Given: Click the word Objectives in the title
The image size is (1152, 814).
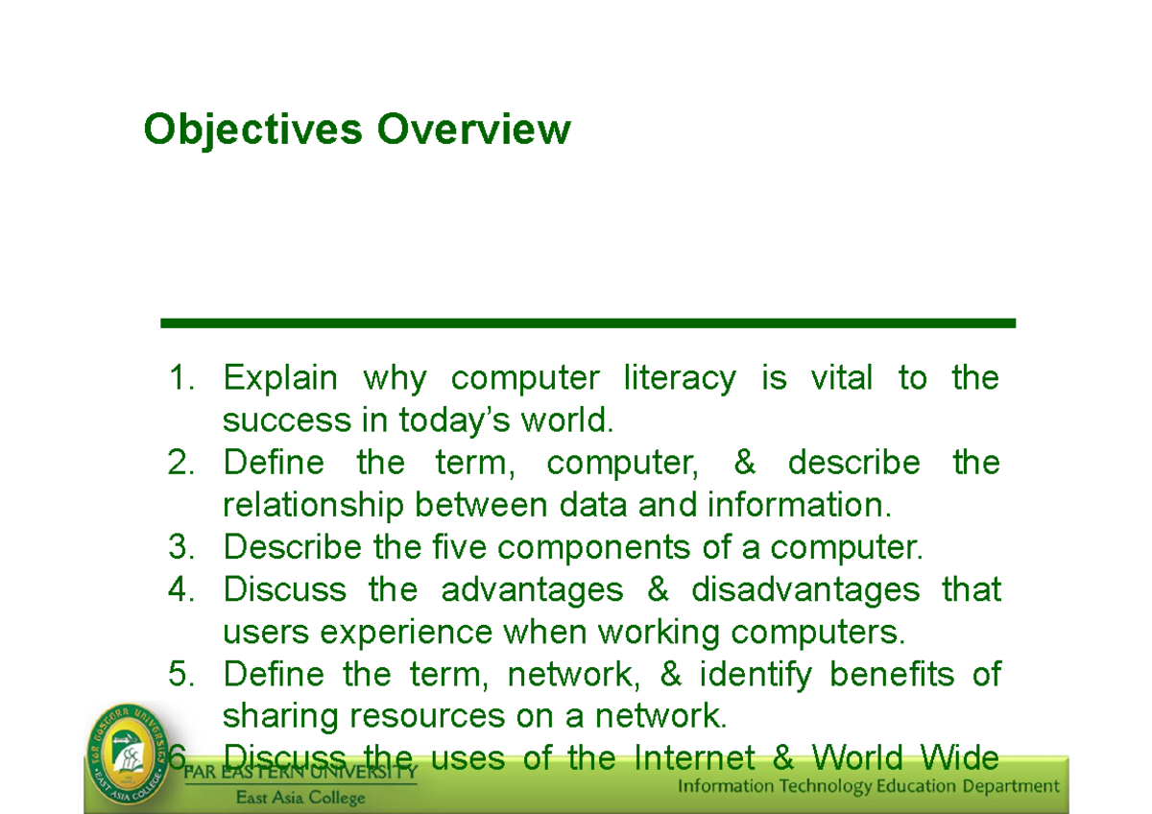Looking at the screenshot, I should (x=252, y=129).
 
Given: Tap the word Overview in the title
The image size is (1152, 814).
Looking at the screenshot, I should (x=473, y=129).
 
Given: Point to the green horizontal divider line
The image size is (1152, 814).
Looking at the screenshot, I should (x=588, y=323).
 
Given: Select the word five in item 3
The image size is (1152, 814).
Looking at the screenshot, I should (x=454, y=547).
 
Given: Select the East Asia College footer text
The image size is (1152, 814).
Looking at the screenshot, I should (x=301, y=797).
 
